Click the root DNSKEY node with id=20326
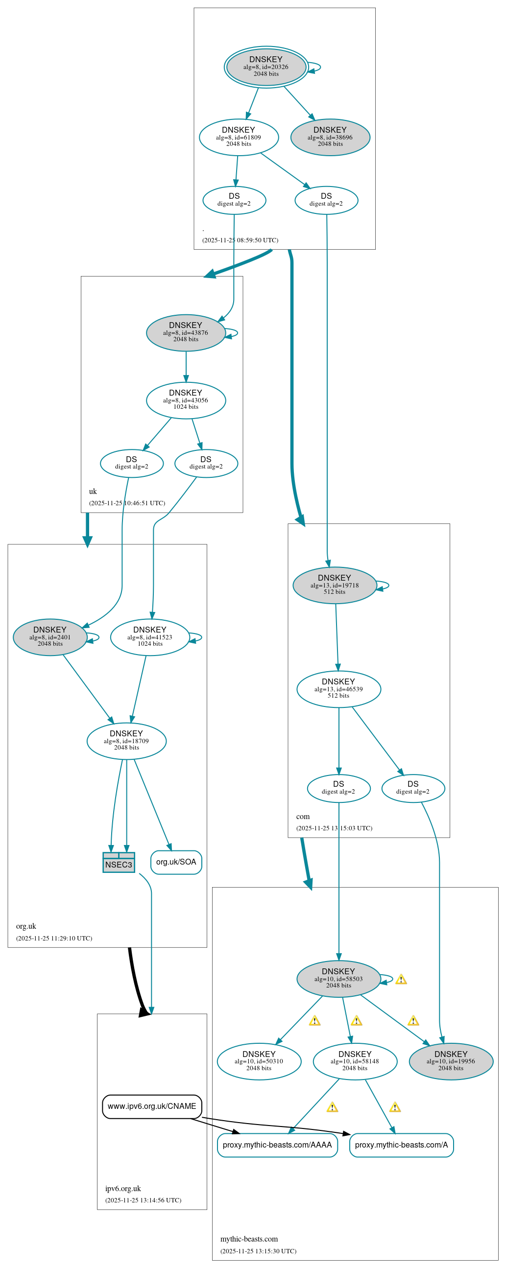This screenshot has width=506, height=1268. click(266, 67)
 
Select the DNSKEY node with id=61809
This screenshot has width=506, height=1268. click(239, 138)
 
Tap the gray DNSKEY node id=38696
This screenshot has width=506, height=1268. click(330, 138)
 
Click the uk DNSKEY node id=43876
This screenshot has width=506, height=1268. click(186, 333)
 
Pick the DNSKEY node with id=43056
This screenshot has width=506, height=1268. click(186, 400)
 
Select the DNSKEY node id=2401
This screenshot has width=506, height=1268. click(50, 637)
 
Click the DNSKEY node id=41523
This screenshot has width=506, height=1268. click(150, 637)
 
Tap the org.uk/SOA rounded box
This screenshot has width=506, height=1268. click(176, 862)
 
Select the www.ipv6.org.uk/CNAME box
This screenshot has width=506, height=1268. click(152, 1106)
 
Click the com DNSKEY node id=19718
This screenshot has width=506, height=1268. click(335, 585)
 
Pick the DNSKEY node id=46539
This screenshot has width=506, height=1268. click(338, 689)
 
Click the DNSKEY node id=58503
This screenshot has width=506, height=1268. click(338, 979)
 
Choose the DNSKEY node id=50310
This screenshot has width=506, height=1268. click(259, 1062)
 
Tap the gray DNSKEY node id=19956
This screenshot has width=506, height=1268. click(451, 1062)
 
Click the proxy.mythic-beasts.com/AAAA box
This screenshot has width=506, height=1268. click(277, 1145)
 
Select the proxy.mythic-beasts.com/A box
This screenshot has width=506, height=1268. click(401, 1145)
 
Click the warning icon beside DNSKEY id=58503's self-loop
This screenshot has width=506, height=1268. click(401, 980)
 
